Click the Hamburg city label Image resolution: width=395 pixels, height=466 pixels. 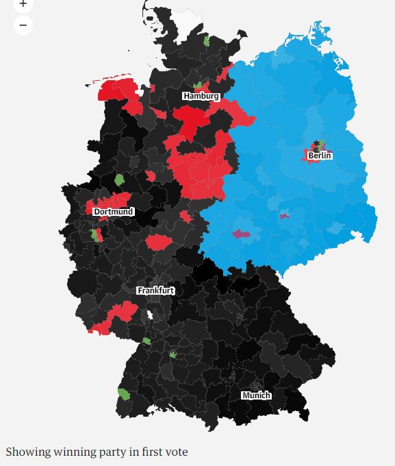click(201, 96)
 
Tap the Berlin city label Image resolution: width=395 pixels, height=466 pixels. click(320, 156)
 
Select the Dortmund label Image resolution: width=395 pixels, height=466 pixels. click(113, 212)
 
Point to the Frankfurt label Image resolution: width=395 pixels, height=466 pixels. click(155, 291)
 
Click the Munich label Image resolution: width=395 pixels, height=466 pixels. click(256, 395)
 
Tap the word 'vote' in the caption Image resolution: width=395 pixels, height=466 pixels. click(175, 452)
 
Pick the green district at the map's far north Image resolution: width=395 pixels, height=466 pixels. click(206, 41)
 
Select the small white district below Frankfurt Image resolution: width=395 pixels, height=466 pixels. click(149, 315)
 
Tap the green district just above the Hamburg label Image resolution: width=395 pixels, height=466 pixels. click(199, 86)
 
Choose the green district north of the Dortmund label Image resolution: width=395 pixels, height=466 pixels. click(119, 180)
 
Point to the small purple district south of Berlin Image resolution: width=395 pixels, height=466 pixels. click(284, 216)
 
